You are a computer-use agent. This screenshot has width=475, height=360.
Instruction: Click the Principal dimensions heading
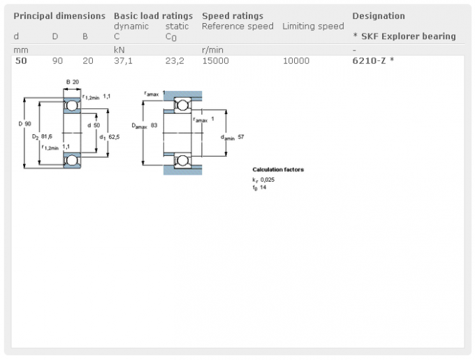tap(59, 16)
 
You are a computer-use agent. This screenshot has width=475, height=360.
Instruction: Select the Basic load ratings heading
tap(153, 16)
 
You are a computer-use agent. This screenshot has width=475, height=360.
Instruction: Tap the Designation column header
tap(379, 16)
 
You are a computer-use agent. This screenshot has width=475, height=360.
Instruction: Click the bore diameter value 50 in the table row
tap(21, 61)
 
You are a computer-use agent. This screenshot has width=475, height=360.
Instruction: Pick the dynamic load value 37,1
tap(124, 61)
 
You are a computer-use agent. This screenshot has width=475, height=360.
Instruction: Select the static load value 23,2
tap(175, 61)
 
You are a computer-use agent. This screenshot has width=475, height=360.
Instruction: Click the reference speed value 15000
tap(215, 61)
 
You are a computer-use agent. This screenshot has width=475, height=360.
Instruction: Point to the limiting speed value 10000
tap(296, 61)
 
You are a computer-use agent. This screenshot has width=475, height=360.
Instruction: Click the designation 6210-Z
tap(370, 61)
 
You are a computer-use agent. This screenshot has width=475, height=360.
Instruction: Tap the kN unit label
tap(119, 50)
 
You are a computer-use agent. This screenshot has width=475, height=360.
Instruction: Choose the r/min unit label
tap(212, 50)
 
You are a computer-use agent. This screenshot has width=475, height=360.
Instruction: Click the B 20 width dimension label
tap(73, 82)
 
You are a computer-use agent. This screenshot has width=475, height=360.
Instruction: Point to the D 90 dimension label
tap(25, 124)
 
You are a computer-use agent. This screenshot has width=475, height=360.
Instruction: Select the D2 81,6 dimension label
tap(42, 137)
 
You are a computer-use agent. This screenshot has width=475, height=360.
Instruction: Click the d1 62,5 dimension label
tap(110, 137)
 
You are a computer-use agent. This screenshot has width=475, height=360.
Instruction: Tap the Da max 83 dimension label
tap(145, 125)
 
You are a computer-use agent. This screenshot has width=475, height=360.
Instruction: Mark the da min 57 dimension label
tap(233, 137)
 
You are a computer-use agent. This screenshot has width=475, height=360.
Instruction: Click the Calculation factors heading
tap(278, 170)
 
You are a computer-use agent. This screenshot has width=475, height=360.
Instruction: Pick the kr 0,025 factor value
tap(263, 180)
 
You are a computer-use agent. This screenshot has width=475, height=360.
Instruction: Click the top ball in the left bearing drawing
tap(72, 106)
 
